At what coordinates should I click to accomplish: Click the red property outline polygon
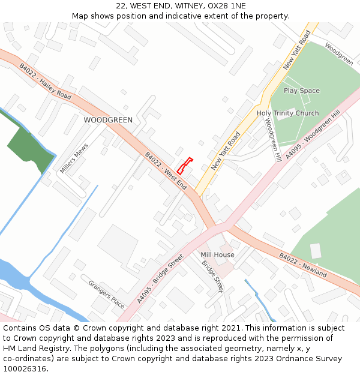click(x=184, y=167)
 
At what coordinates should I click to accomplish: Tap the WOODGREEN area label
click(x=108, y=120)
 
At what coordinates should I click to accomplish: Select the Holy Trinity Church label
click(x=287, y=113)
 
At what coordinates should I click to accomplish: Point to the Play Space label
click(x=302, y=91)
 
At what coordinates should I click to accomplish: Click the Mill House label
click(x=217, y=255)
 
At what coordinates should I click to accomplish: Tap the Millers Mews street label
click(x=74, y=158)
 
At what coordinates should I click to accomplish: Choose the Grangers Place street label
click(x=106, y=295)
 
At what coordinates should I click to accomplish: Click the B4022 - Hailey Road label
click(x=45, y=82)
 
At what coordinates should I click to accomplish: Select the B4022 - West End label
click(x=166, y=171)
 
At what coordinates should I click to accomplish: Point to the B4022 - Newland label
click(x=302, y=265)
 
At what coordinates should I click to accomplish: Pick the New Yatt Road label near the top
click(x=297, y=50)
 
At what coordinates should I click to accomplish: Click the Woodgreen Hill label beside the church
click(x=273, y=140)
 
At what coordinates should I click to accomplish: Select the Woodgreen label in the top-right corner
click(x=339, y=53)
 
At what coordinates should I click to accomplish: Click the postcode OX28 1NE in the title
click(x=227, y=5)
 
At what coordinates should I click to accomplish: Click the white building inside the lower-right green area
click(x=316, y=251)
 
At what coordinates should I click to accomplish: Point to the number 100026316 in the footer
click(x=24, y=368)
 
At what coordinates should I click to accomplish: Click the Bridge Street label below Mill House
click(x=212, y=276)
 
